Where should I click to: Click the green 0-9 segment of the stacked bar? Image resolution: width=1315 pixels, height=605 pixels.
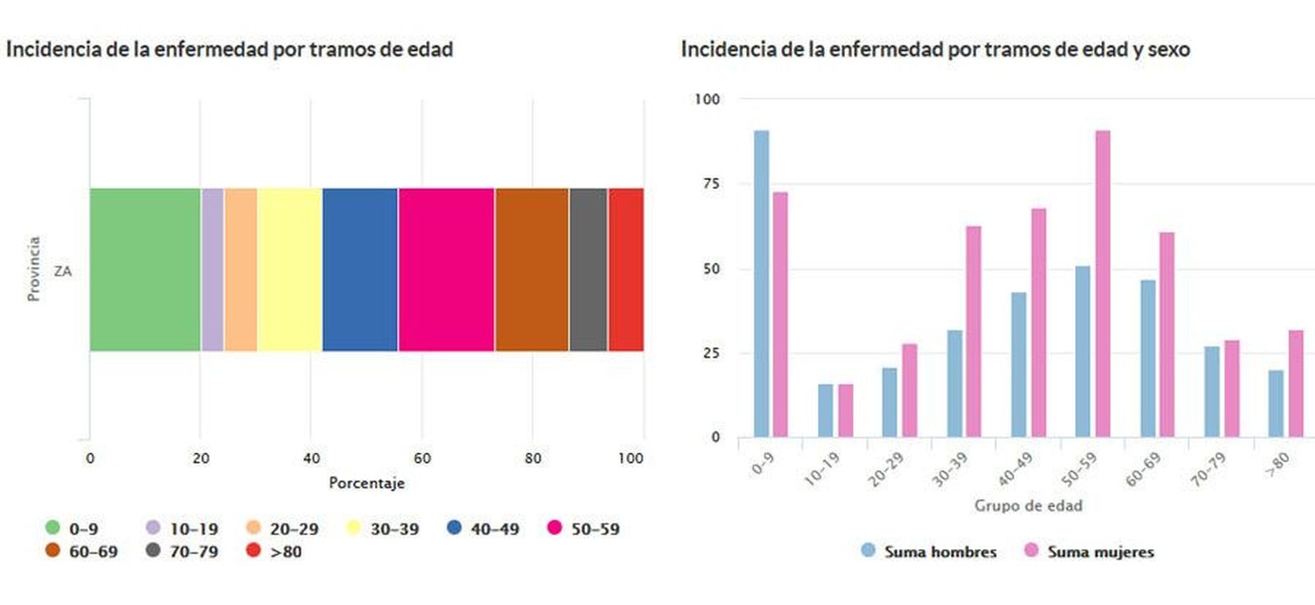[x=145, y=270]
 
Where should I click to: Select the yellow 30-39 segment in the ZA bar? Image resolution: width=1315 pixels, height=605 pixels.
[x=289, y=270]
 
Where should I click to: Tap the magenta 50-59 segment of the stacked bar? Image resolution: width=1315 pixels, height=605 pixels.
[x=446, y=270]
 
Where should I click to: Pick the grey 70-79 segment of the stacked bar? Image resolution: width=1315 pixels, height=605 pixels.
[x=588, y=270]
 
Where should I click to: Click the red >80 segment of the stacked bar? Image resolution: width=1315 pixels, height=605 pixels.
[x=625, y=270]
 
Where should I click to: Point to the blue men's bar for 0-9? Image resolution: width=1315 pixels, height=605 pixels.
[x=761, y=284]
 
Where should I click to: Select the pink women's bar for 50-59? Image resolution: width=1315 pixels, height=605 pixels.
[x=1102, y=284]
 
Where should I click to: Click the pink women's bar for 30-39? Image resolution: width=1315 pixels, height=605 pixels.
[x=973, y=331]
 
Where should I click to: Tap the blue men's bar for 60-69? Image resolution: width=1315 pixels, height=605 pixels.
[x=1147, y=358]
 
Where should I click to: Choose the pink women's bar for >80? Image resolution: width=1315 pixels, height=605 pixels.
[x=1295, y=383]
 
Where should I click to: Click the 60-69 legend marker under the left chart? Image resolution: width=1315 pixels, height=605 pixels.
[x=53, y=550]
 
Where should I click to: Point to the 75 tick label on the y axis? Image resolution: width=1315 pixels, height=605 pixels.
[x=711, y=183]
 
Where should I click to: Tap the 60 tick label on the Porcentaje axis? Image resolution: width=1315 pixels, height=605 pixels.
[x=422, y=458]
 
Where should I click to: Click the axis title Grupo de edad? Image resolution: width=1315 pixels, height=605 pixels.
[x=1027, y=506]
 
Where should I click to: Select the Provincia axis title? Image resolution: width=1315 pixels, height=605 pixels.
[x=34, y=269]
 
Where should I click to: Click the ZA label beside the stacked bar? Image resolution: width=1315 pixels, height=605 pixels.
[x=62, y=270]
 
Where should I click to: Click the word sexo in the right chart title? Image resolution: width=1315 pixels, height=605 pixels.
[x=1168, y=49]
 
